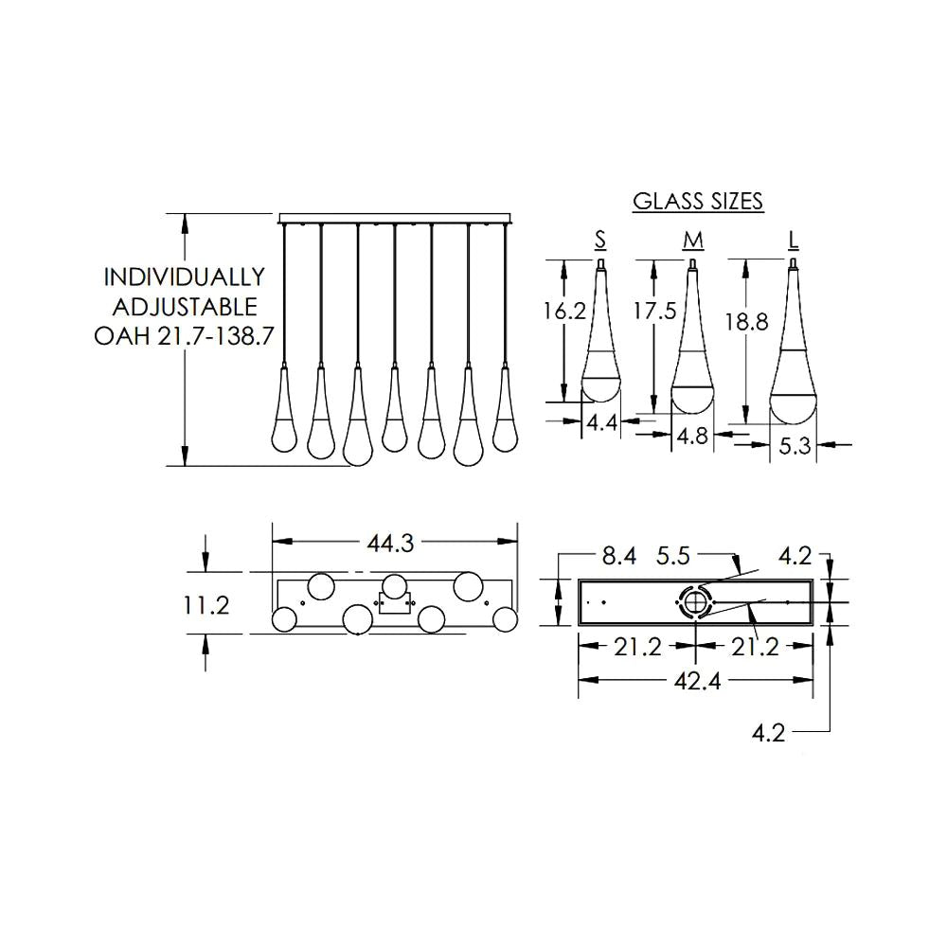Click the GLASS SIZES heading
[x=698, y=201]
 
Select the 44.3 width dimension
[x=393, y=543]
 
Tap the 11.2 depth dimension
[x=206, y=605]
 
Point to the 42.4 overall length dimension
[x=696, y=680]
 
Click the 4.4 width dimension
[x=602, y=422]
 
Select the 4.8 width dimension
[x=694, y=438]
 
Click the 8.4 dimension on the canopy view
[x=618, y=556]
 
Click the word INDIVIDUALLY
[x=184, y=277]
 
